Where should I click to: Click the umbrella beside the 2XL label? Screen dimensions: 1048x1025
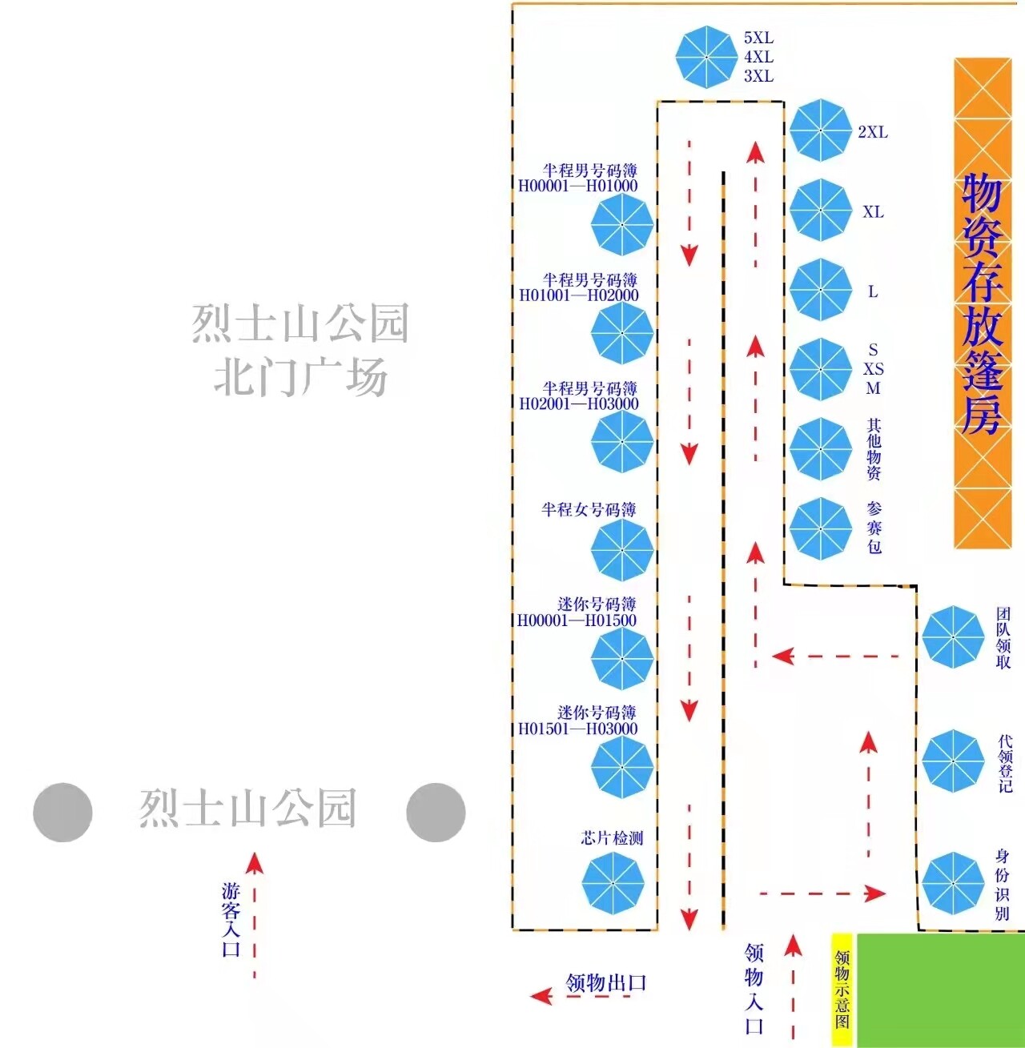[x=820, y=130]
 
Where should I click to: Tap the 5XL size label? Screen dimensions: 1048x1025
[x=758, y=38]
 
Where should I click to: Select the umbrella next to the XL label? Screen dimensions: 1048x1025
[x=820, y=210]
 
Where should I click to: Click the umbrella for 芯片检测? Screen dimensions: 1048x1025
[x=613, y=882]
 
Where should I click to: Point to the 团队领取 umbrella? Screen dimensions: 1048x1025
[x=952, y=637]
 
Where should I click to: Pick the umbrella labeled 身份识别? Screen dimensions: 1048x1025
[x=952, y=883]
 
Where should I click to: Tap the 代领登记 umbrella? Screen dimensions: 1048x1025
[x=952, y=761]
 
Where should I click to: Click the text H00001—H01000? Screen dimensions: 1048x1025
[x=578, y=186]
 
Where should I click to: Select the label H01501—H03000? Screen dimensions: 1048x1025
[x=577, y=729]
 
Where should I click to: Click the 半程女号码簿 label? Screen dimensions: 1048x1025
[x=589, y=510]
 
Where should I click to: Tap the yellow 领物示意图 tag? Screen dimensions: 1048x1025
[x=842, y=990]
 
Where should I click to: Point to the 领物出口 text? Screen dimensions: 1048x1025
[x=605, y=982]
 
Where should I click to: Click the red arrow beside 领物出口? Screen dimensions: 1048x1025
[x=542, y=996]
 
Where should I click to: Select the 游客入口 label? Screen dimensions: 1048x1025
[x=231, y=920]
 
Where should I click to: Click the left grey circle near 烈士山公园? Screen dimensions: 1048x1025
[x=62, y=813]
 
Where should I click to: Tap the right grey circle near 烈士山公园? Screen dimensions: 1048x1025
[x=436, y=813]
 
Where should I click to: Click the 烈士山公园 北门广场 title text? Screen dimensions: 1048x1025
[x=300, y=350]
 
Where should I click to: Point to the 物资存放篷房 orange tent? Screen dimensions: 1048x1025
[x=983, y=303]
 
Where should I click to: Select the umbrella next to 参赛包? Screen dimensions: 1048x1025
[x=820, y=528]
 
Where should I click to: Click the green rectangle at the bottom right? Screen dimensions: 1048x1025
[x=941, y=990]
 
